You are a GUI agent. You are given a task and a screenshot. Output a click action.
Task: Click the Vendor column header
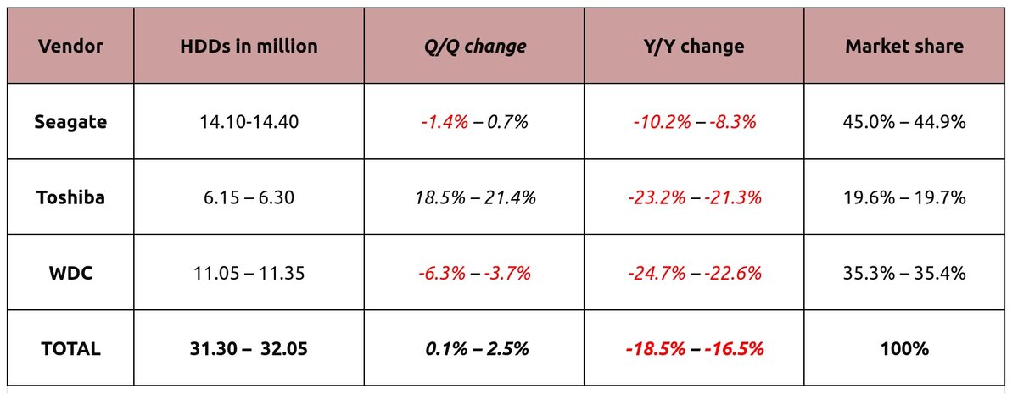tap(70, 47)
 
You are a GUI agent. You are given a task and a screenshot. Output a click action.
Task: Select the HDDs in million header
tap(249, 47)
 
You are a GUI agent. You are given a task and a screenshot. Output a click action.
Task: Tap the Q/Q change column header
tap(474, 47)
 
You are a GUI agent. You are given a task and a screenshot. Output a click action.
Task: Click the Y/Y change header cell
tap(695, 47)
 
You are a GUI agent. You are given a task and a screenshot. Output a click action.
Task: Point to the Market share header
tap(904, 47)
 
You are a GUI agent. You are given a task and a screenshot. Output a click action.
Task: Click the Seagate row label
tap(70, 122)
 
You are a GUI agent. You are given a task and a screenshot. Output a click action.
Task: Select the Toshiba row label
tap(70, 197)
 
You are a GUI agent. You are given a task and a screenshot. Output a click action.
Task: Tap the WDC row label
tap(70, 273)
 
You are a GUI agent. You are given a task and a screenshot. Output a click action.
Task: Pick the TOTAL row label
tap(70, 348)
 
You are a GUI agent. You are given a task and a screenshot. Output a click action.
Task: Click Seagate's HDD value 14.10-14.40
tap(249, 122)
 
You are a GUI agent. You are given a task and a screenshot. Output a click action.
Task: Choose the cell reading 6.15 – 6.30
tap(249, 197)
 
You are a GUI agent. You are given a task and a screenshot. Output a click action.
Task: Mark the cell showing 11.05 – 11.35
tap(249, 273)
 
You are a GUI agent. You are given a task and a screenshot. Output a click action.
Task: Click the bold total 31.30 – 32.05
tap(249, 348)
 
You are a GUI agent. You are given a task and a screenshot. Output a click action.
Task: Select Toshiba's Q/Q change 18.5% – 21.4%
tap(474, 197)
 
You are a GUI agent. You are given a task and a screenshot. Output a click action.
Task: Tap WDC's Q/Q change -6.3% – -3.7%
tap(474, 273)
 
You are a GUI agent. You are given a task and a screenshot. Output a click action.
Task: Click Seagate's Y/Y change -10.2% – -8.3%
tap(695, 122)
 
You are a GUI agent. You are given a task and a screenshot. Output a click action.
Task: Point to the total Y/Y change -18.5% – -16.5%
tap(695, 348)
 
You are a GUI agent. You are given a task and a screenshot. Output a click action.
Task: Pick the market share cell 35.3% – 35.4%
tap(904, 273)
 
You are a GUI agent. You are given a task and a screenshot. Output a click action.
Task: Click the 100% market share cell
tap(904, 348)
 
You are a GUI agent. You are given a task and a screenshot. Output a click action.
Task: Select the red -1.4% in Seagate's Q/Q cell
tap(444, 122)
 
